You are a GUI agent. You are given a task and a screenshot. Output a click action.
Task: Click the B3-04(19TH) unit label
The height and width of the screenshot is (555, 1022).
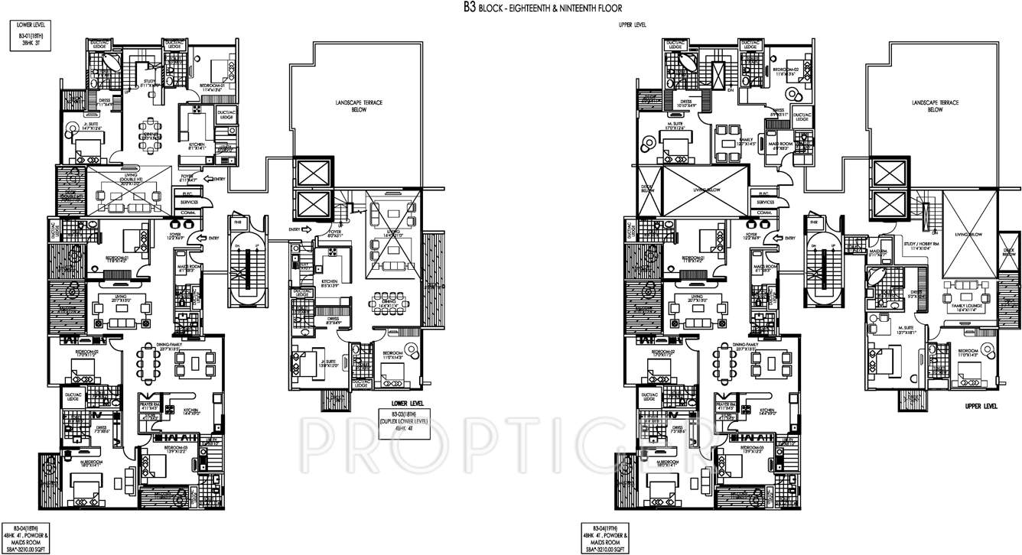pyautogui.click(x=603, y=527)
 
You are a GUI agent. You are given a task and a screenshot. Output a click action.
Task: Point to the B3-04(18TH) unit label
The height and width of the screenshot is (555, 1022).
pyautogui.click(x=26, y=527)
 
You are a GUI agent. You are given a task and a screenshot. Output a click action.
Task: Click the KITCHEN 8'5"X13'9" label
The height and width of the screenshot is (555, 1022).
pyautogui.click(x=330, y=284)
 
